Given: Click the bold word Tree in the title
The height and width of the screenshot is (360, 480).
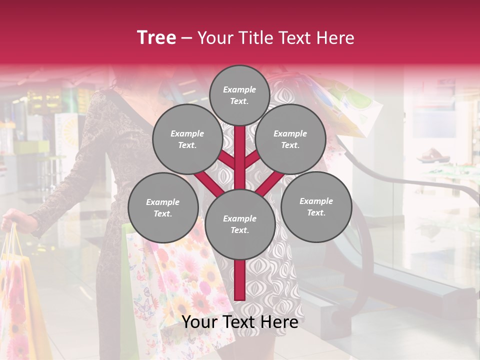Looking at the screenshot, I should [x=156, y=38].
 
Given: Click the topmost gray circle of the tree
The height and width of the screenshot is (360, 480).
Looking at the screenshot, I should [x=239, y=95].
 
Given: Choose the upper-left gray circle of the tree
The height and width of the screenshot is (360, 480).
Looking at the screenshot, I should [x=187, y=139].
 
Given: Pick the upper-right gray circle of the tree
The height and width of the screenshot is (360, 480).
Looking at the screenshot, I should [x=290, y=139].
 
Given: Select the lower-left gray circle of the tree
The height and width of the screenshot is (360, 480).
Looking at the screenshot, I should [x=163, y=207].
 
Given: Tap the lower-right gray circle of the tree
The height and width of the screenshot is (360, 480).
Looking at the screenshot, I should [x=316, y=206].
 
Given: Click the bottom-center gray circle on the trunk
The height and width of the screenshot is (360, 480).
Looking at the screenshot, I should [x=240, y=224].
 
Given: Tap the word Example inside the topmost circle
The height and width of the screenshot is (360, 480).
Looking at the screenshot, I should [x=239, y=89].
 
